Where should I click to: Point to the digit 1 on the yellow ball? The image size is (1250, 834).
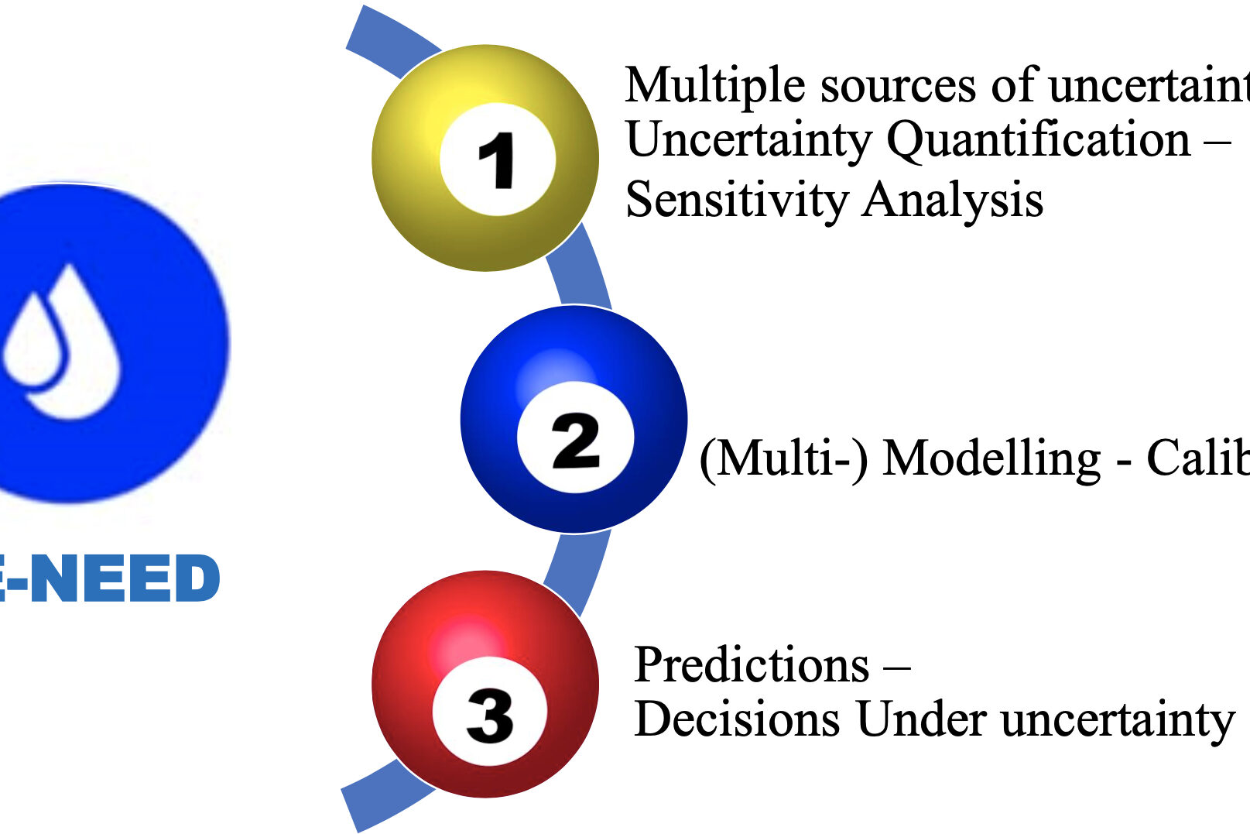point(497,160)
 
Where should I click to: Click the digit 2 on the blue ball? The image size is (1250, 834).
point(575,441)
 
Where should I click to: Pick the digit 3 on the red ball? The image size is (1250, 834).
point(489,714)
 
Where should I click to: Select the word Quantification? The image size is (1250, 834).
point(1038,140)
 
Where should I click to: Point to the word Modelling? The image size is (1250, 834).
point(991,458)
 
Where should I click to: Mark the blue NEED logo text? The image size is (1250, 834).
point(116,578)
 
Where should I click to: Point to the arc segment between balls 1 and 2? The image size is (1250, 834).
point(580,271)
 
